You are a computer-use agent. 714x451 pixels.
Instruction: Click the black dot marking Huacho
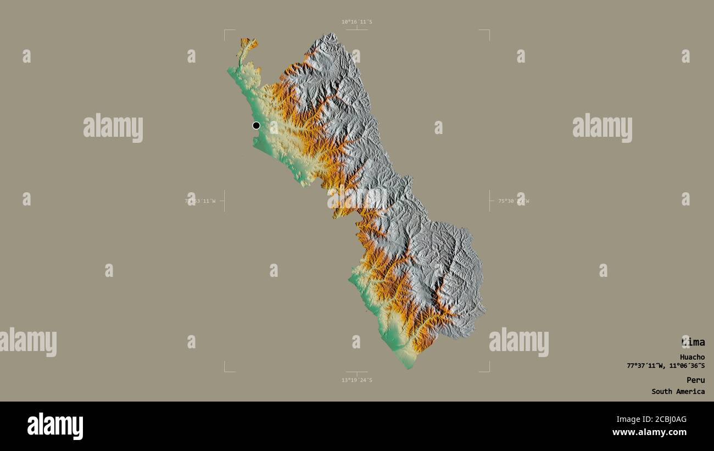pos(256,125)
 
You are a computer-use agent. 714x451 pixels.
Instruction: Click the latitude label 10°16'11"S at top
pos(356,22)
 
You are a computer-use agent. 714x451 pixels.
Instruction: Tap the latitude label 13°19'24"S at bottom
pos(356,380)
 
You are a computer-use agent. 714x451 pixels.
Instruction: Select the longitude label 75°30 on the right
pos(513,201)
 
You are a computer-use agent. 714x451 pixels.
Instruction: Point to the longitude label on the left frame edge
pos(200,201)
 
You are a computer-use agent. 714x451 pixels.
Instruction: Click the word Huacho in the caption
pos(692,357)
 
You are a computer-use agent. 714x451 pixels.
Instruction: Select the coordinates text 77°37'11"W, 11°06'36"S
pos(666,366)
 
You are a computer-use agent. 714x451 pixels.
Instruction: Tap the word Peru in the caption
pos(695,380)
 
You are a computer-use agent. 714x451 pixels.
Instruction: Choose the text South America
pos(678,392)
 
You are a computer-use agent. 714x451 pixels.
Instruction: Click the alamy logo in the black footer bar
pos(55,426)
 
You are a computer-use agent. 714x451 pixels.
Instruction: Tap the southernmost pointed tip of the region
pos(409,368)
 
